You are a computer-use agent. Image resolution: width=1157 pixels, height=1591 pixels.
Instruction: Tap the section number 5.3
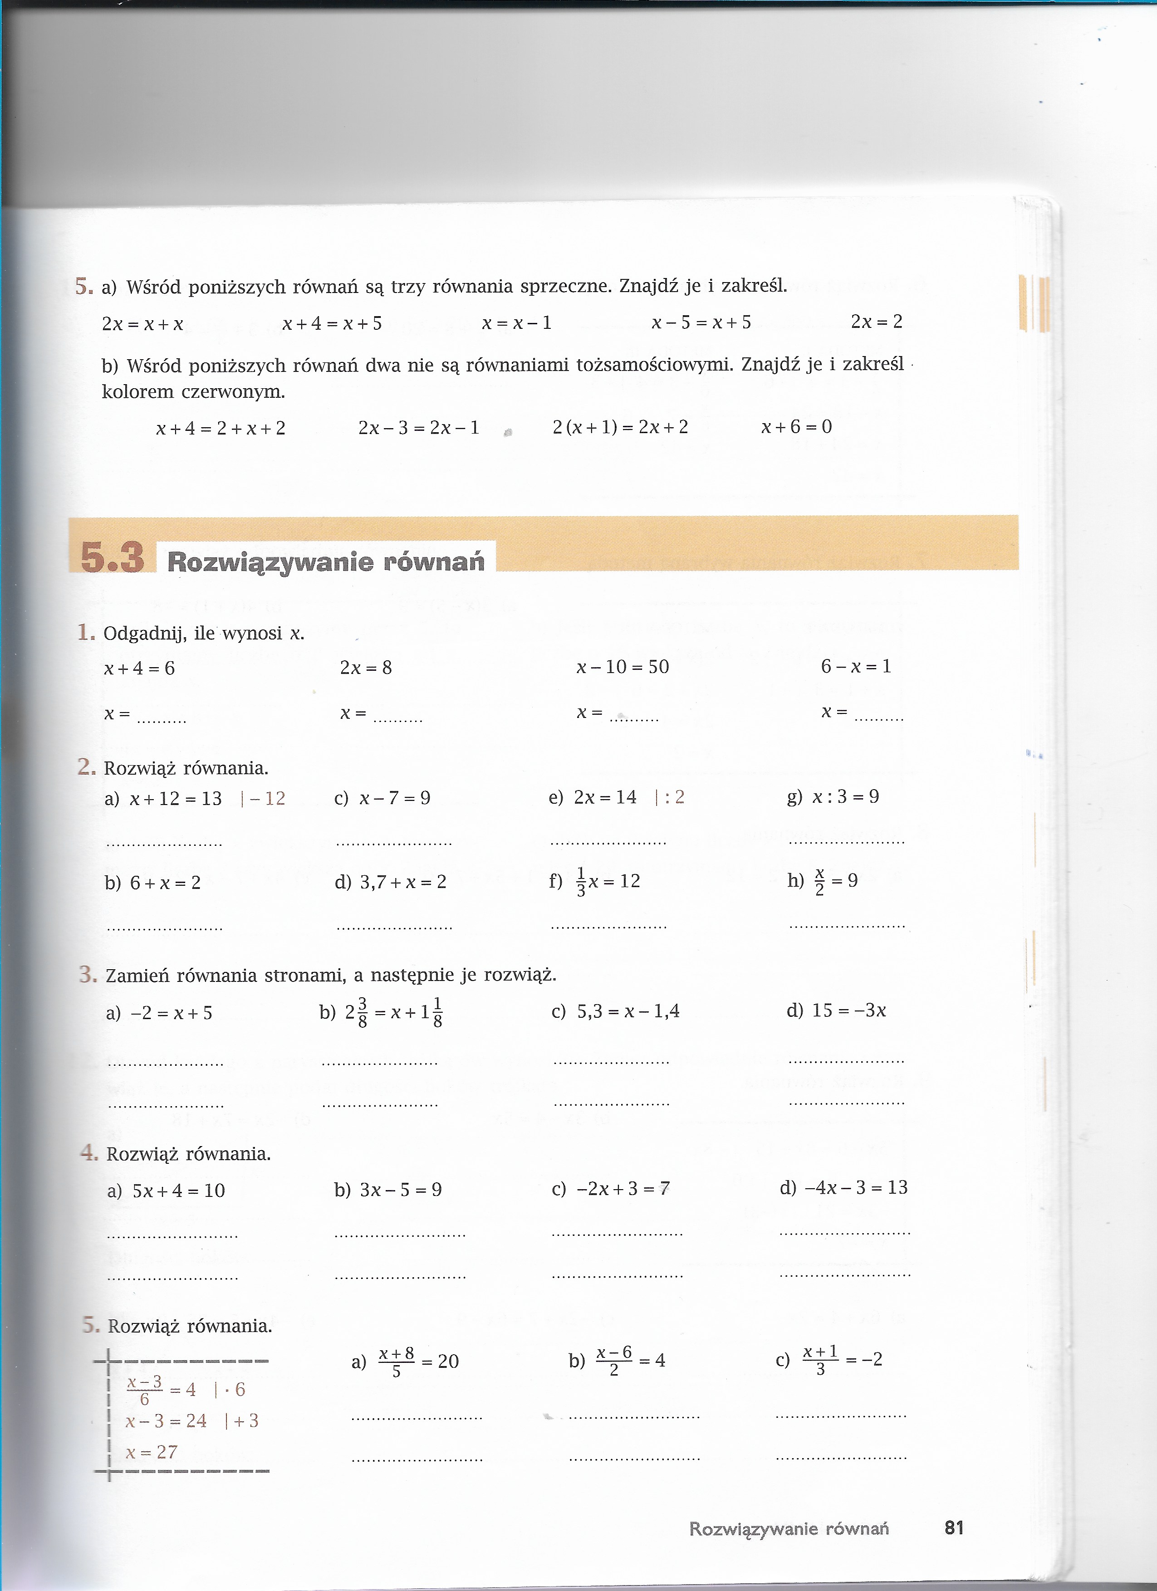tap(112, 558)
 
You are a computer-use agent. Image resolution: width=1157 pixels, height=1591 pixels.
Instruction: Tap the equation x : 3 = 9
tap(845, 797)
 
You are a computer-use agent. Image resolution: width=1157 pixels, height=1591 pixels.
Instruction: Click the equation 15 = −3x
tap(849, 1010)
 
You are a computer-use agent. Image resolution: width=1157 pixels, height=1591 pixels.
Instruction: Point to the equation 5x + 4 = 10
tap(178, 1191)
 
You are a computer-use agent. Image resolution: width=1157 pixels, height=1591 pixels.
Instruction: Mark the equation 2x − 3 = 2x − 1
tap(419, 428)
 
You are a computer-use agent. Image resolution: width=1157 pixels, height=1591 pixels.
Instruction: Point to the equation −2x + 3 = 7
tap(623, 1188)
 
